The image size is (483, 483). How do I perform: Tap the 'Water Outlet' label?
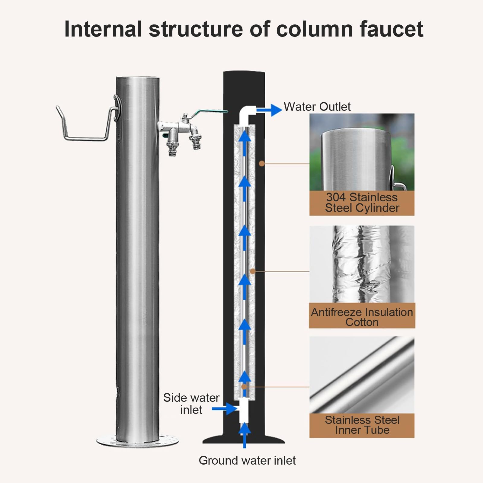point(317,107)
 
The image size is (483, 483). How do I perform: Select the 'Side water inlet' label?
point(191,404)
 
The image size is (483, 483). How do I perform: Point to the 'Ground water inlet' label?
point(247,460)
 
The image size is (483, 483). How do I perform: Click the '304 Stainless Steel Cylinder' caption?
point(362,203)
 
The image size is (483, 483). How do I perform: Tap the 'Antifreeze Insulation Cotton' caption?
point(362,317)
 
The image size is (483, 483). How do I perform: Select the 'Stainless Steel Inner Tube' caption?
point(362,425)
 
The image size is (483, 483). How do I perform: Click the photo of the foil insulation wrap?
point(362,264)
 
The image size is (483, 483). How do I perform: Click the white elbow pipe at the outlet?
point(246,113)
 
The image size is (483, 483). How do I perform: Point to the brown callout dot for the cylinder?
point(262,164)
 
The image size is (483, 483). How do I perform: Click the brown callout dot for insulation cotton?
point(253,271)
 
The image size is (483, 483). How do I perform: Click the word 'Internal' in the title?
point(103,29)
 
